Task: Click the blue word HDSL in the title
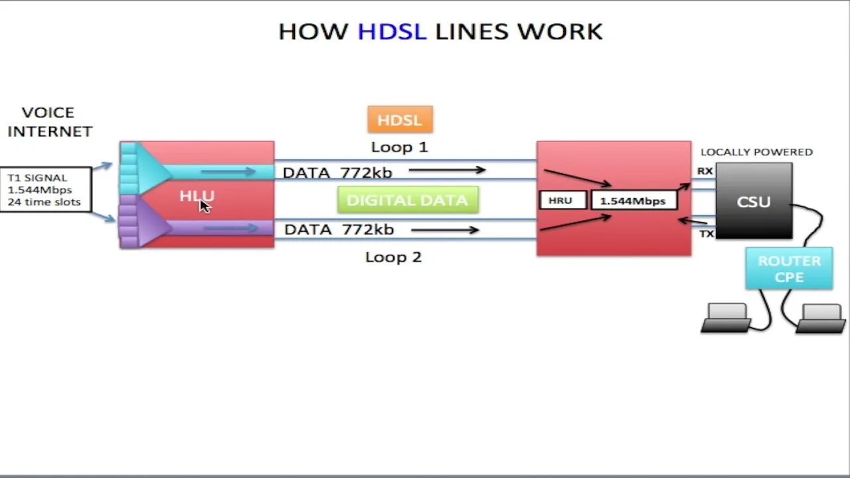(x=392, y=31)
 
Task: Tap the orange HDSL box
(x=400, y=120)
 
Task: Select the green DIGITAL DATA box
(x=408, y=200)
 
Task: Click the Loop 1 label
(x=399, y=147)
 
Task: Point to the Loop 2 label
(x=393, y=257)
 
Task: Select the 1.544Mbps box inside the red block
(x=632, y=200)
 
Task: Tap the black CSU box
(x=754, y=200)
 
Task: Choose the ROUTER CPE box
(x=789, y=269)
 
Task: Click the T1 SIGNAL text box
(x=45, y=190)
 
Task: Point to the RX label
(x=705, y=171)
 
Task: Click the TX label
(x=706, y=234)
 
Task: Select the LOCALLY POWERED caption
(x=756, y=152)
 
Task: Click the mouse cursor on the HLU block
(x=205, y=205)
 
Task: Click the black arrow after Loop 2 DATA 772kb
(x=445, y=230)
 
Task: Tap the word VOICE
(x=48, y=112)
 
